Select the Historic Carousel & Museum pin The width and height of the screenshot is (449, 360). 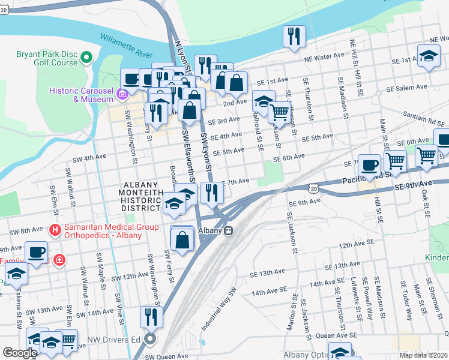coord(122,94)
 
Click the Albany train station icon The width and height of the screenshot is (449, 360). coord(229,230)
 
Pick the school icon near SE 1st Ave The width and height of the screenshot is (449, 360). coord(427,58)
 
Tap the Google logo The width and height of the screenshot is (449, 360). coord(20,353)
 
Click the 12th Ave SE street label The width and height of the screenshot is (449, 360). coord(356,245)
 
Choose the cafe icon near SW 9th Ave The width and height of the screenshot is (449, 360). coord(36,252)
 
